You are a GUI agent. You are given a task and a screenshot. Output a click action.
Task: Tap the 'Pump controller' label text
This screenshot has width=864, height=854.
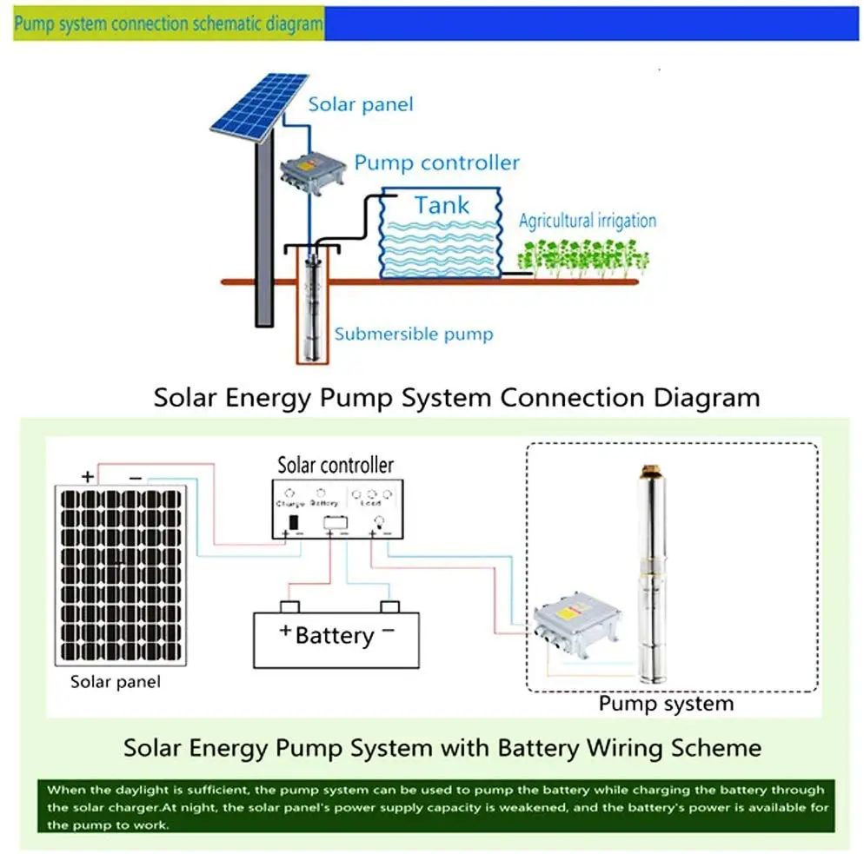436,162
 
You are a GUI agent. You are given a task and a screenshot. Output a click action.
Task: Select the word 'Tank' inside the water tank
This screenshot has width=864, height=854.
442,205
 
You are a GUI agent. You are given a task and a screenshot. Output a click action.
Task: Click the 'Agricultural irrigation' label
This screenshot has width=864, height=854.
587,220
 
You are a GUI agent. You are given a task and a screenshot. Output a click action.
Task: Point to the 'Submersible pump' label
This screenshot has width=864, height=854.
414,334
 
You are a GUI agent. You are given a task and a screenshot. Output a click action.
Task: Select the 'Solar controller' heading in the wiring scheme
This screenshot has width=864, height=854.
335,465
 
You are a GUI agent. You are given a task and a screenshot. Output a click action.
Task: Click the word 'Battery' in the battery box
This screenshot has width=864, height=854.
334,635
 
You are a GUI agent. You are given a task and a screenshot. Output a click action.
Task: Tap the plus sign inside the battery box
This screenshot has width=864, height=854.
284,632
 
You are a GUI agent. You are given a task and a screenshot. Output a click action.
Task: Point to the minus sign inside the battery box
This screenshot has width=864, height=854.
388,630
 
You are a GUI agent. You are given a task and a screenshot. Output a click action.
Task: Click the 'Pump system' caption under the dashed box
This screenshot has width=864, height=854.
666,703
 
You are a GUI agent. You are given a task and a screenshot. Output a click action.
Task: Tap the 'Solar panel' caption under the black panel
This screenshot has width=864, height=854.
116,682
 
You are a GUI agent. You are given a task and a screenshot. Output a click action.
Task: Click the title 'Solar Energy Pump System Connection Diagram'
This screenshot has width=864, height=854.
456,398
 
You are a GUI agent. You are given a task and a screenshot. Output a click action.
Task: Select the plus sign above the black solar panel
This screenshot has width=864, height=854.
87,476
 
